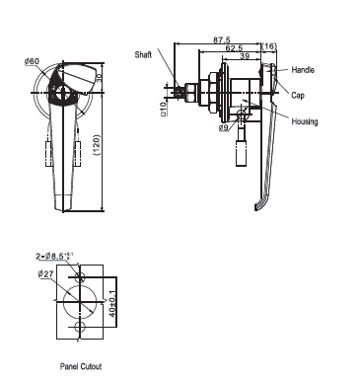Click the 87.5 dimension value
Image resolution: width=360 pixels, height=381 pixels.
(222, 40)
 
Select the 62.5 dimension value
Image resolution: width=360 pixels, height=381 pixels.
(234, 48)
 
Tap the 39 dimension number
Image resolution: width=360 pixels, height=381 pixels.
(244, 56)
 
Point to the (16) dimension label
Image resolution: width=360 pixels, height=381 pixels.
(269, 46)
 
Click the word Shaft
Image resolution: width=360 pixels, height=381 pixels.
(143, 54)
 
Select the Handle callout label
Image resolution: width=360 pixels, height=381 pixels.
(303, 70)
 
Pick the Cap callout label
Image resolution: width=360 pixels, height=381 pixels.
(298, 96)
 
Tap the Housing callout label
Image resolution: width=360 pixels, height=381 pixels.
(305, 121)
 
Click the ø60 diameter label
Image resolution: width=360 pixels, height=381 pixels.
(32, 61)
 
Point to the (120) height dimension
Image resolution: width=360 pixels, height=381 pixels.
(98, 145)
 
